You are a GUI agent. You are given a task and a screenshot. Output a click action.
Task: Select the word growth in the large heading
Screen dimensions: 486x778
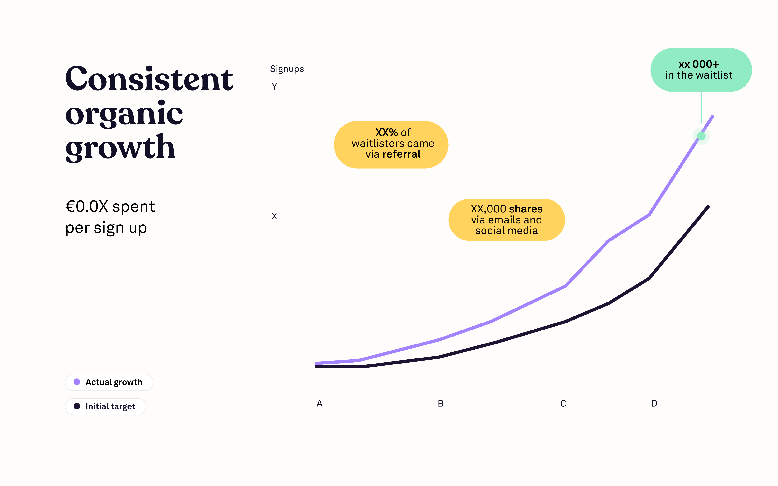[120, 148]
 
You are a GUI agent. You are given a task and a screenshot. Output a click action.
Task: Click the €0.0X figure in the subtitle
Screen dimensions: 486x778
[87, 206]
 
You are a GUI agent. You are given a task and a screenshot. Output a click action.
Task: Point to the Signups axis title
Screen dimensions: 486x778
[287, 69]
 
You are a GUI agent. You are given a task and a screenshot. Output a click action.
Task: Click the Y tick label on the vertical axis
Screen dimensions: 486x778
[274, 87]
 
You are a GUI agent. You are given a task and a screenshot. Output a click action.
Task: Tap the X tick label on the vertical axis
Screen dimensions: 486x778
[274, 216]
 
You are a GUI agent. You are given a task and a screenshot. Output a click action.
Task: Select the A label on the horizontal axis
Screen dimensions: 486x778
[319, 403]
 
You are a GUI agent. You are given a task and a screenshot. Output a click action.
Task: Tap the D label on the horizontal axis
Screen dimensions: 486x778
[654, 403]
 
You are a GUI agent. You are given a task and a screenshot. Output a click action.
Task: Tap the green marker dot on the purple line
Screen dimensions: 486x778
[701, 136]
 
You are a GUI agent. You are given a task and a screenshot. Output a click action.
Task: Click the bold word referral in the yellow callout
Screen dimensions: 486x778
[401, 154]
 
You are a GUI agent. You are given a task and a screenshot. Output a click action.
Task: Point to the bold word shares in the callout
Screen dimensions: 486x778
[526, 209]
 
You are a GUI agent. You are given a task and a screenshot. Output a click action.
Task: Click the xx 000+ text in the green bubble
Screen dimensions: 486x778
[699, 64]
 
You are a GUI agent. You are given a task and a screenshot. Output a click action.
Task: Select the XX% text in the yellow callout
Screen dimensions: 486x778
[386, 132]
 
